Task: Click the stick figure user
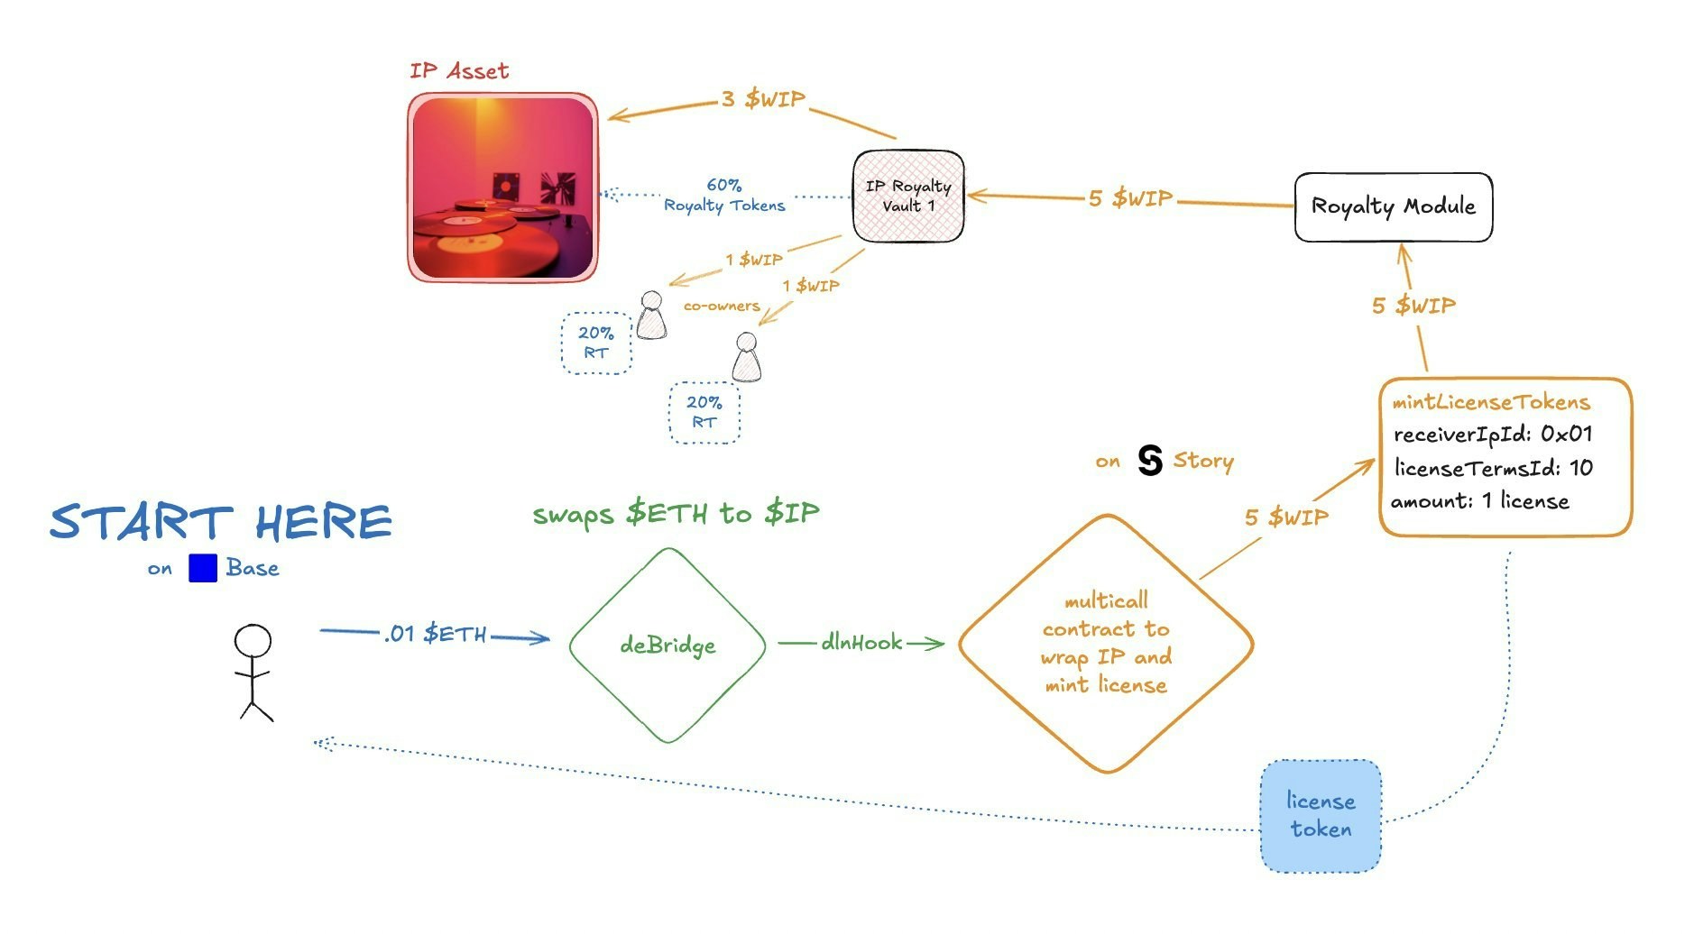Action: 253,672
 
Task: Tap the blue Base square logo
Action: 203,568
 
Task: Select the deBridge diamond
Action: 667,646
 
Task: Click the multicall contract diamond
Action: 1106,644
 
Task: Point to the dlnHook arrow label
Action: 861,643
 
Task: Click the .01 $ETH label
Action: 435,634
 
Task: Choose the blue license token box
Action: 1321,816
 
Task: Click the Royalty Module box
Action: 1393,206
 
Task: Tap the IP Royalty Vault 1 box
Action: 908,197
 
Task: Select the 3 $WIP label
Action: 763,99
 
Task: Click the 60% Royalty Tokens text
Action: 724,196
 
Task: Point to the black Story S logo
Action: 1150,460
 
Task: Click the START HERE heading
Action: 221,522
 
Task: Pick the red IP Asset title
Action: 459,71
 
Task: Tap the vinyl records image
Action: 502,187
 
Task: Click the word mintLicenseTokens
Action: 1490,402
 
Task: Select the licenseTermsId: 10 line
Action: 1493,468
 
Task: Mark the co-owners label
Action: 721,307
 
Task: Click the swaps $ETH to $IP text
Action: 676,514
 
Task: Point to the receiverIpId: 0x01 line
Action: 1492,435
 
